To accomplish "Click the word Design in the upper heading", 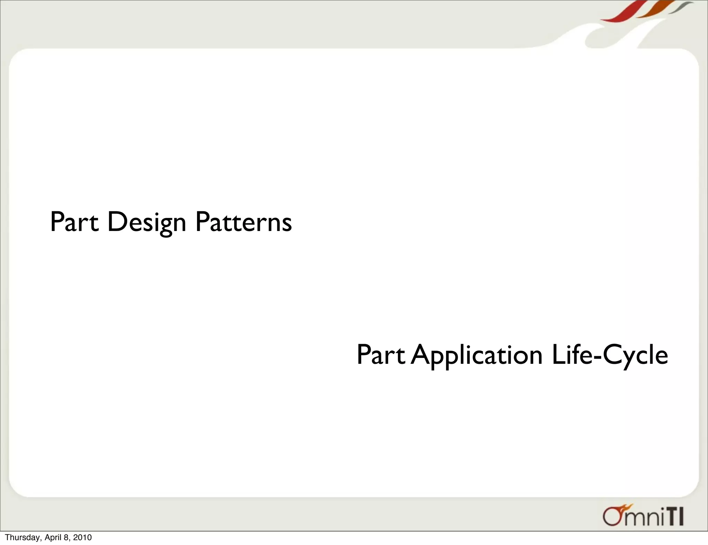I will (147, 222).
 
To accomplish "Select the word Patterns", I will (243, 222).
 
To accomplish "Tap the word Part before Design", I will (74, 222).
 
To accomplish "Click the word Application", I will (477, 355).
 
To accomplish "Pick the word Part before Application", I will (380, 355).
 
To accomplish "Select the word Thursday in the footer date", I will (23, 537).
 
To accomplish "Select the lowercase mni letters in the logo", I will (643, 519).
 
